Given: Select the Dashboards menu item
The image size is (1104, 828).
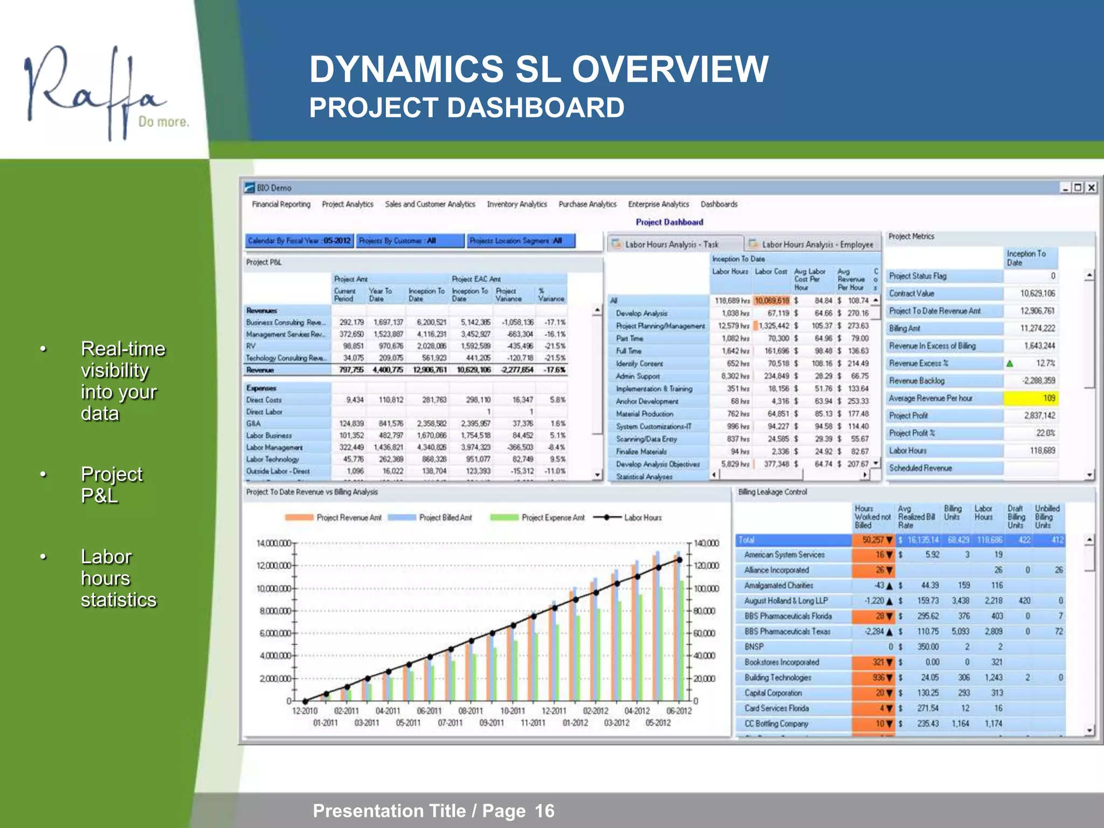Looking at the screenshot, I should point(719,204).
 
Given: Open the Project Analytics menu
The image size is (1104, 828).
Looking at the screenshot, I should point(347,204).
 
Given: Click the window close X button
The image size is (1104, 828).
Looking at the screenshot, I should point(1091,188).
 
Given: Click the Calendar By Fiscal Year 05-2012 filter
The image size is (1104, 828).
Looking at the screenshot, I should point(299,241).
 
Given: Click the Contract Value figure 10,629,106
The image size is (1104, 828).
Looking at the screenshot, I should point(1037,293).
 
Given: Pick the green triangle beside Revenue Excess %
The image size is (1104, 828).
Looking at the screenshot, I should point(1010,364).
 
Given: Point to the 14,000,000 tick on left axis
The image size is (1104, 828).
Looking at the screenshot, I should point(273,543).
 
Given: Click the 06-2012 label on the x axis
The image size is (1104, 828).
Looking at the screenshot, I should point(679,711).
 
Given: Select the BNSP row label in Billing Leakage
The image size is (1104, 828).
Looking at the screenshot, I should point(754,647).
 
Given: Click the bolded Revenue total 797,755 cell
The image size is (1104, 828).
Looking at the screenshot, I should point(351,370).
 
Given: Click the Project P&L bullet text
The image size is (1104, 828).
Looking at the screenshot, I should point(111,485).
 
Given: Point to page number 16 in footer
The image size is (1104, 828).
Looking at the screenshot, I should point(544,811).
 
